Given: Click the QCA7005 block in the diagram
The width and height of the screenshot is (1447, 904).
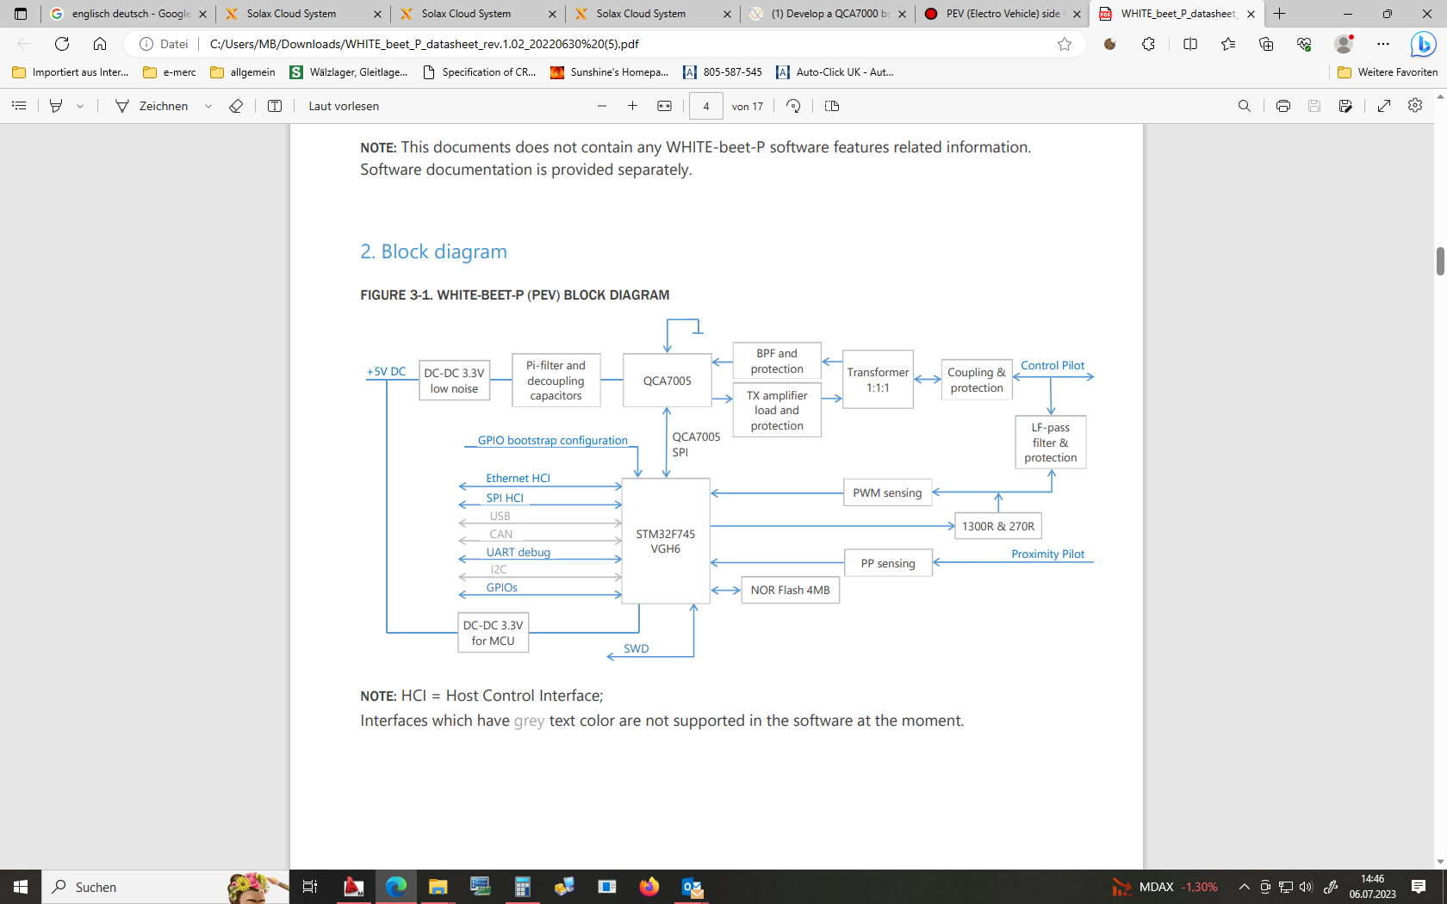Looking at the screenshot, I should tap(667, 381).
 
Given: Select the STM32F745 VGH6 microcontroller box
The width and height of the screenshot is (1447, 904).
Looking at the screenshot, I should tap(665, 541).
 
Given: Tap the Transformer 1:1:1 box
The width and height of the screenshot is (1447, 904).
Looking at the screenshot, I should tap(878, 380).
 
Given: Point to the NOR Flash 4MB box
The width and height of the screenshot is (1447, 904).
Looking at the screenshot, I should tap(790, 590).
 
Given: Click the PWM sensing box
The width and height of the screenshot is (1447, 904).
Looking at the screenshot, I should tap(887, 492).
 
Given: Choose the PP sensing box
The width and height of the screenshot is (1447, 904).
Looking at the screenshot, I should tap(888, 563).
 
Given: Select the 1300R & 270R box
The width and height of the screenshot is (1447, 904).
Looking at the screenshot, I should tap(997, 526).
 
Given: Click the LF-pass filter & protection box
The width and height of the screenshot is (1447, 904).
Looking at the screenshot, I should tap(1050, 443).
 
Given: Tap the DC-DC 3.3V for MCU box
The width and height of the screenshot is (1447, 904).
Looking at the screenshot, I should tap(493, 633).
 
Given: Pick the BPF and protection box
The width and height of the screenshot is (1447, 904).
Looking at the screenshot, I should tap(776, 361).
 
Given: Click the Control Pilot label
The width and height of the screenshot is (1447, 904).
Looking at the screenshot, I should tap(1053, 366).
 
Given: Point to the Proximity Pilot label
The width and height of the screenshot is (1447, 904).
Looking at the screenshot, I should tap(1047, 554).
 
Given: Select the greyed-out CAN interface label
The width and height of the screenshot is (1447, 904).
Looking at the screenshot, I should tap(501, 535).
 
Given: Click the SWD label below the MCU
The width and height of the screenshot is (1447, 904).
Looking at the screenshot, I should tap(637, 649).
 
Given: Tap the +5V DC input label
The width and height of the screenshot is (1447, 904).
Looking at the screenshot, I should tap(386, 372).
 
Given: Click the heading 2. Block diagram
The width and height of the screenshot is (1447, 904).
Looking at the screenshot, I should tap(433, 251).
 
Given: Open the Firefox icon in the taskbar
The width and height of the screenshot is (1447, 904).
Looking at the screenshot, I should tap(649, 887).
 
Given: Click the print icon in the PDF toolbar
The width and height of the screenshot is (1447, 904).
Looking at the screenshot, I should tap(1282, 106).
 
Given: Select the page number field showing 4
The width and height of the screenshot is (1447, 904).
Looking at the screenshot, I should tap(706, 106).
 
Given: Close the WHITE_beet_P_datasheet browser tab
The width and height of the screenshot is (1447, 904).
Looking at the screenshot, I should tap(1251, 14).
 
